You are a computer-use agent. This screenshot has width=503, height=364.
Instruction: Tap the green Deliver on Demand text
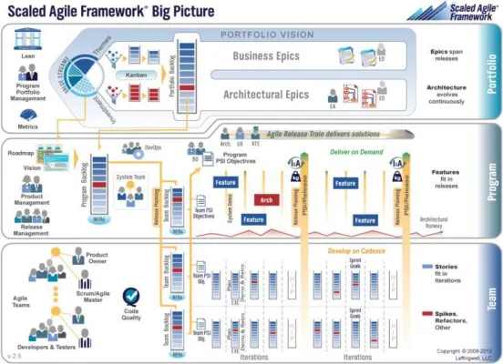[357, 153]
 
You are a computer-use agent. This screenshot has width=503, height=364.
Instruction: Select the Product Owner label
[98, 258]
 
